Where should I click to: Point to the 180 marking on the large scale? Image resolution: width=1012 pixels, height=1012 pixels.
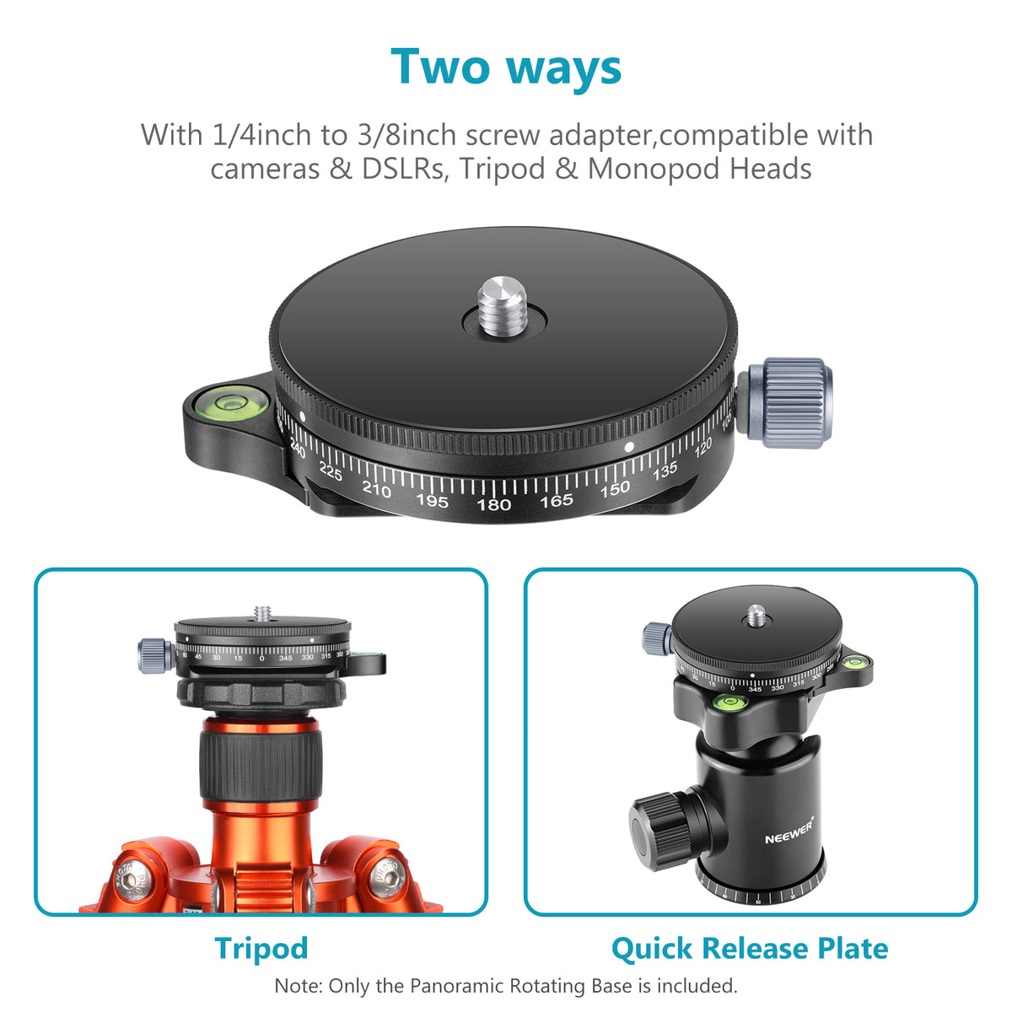(x=493, y=504)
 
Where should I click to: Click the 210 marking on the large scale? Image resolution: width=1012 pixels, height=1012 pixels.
(x=376, y=488)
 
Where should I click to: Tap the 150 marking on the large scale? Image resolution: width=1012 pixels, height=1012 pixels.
(x=615, y=489)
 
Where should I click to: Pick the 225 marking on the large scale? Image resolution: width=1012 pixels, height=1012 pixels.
(x=331, y=474)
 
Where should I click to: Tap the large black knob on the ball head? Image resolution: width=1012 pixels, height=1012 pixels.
(x=664, y=831)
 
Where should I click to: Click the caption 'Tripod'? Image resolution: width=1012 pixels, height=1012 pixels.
(x=261, y=948)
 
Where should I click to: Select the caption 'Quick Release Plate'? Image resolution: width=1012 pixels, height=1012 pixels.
(x=749, y=948)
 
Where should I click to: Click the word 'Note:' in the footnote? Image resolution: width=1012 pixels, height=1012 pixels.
(x=299, y=985)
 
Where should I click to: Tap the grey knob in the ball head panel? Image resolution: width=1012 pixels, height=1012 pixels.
(x=656, y=638)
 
